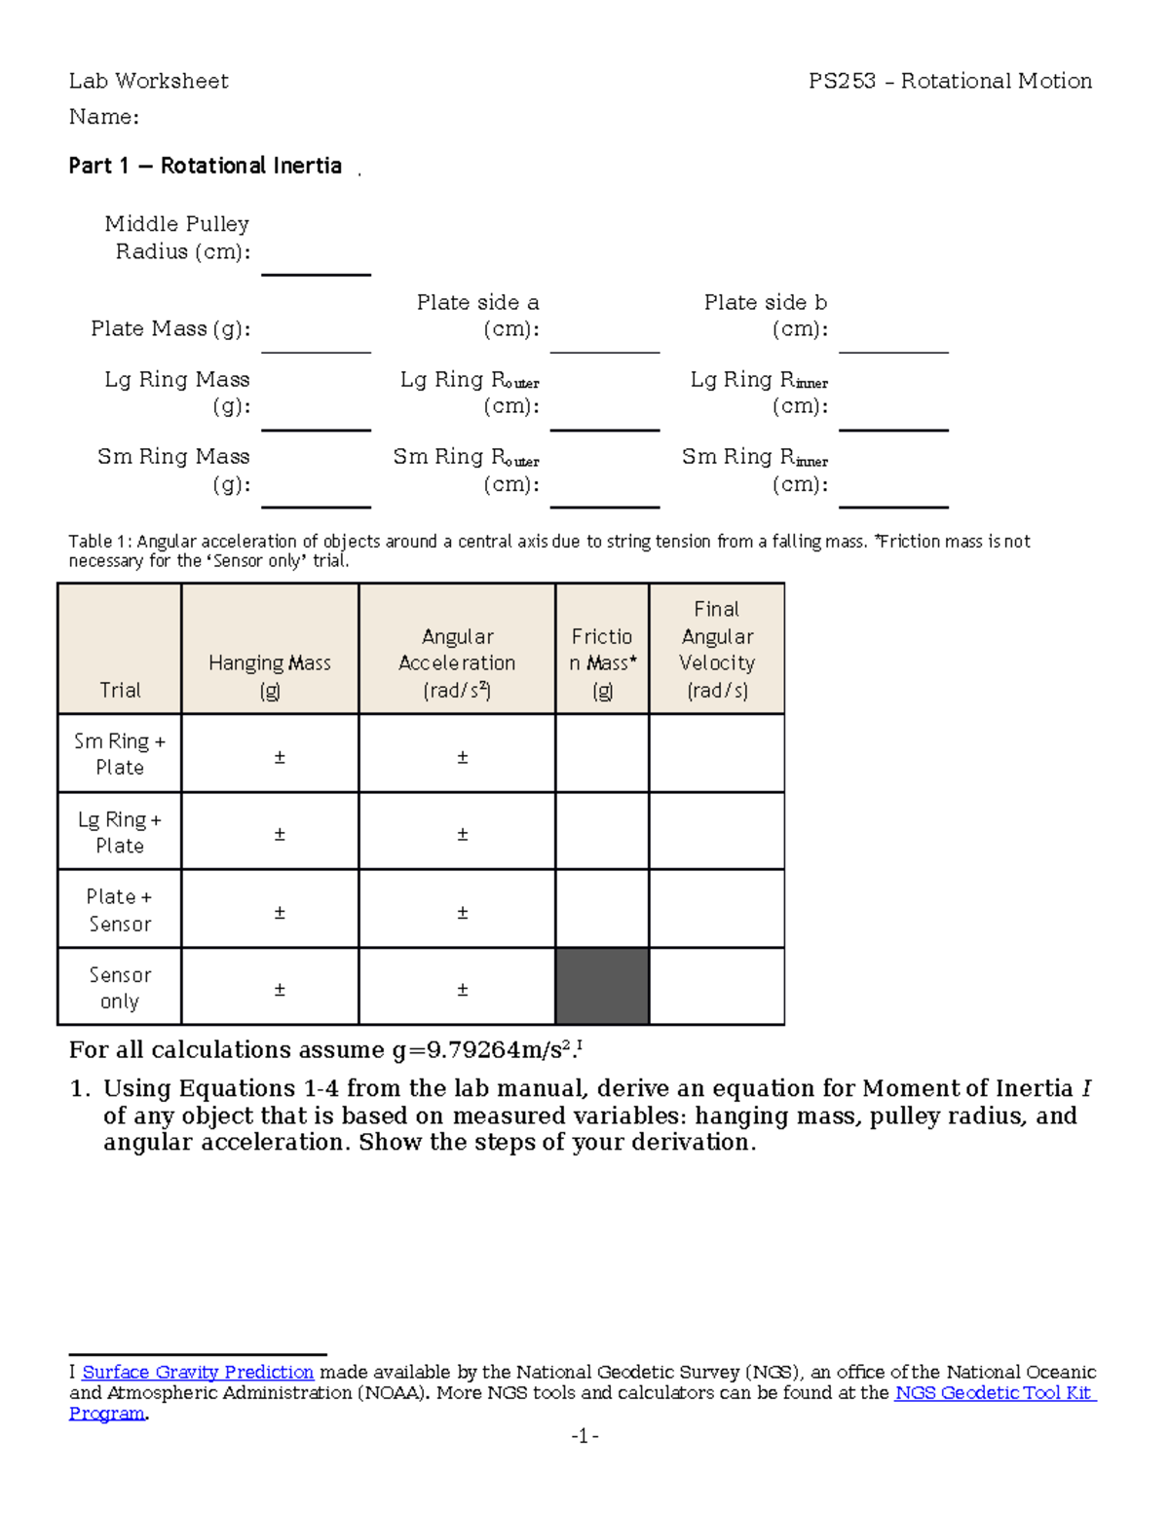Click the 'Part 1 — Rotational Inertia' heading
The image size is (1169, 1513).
click(205, 166)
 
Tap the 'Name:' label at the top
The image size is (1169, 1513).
click(103, 117)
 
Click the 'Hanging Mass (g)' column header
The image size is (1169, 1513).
click(270, 676)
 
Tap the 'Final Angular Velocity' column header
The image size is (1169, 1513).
click(717, 649)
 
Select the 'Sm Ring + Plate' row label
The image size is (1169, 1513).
click(120, 754)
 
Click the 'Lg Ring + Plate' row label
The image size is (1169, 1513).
click(120, 832)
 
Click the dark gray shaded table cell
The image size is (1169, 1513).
click(602, 986)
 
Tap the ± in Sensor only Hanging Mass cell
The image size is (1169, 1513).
click(280, 990)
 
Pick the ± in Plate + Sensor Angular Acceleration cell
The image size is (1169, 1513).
click(463, 913)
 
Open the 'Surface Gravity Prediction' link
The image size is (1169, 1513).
click(198, 1372)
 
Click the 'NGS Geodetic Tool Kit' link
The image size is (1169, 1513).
click(993, 1392)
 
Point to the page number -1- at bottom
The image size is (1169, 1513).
click(584, 1436)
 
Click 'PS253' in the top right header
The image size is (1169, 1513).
click(842, 81)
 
